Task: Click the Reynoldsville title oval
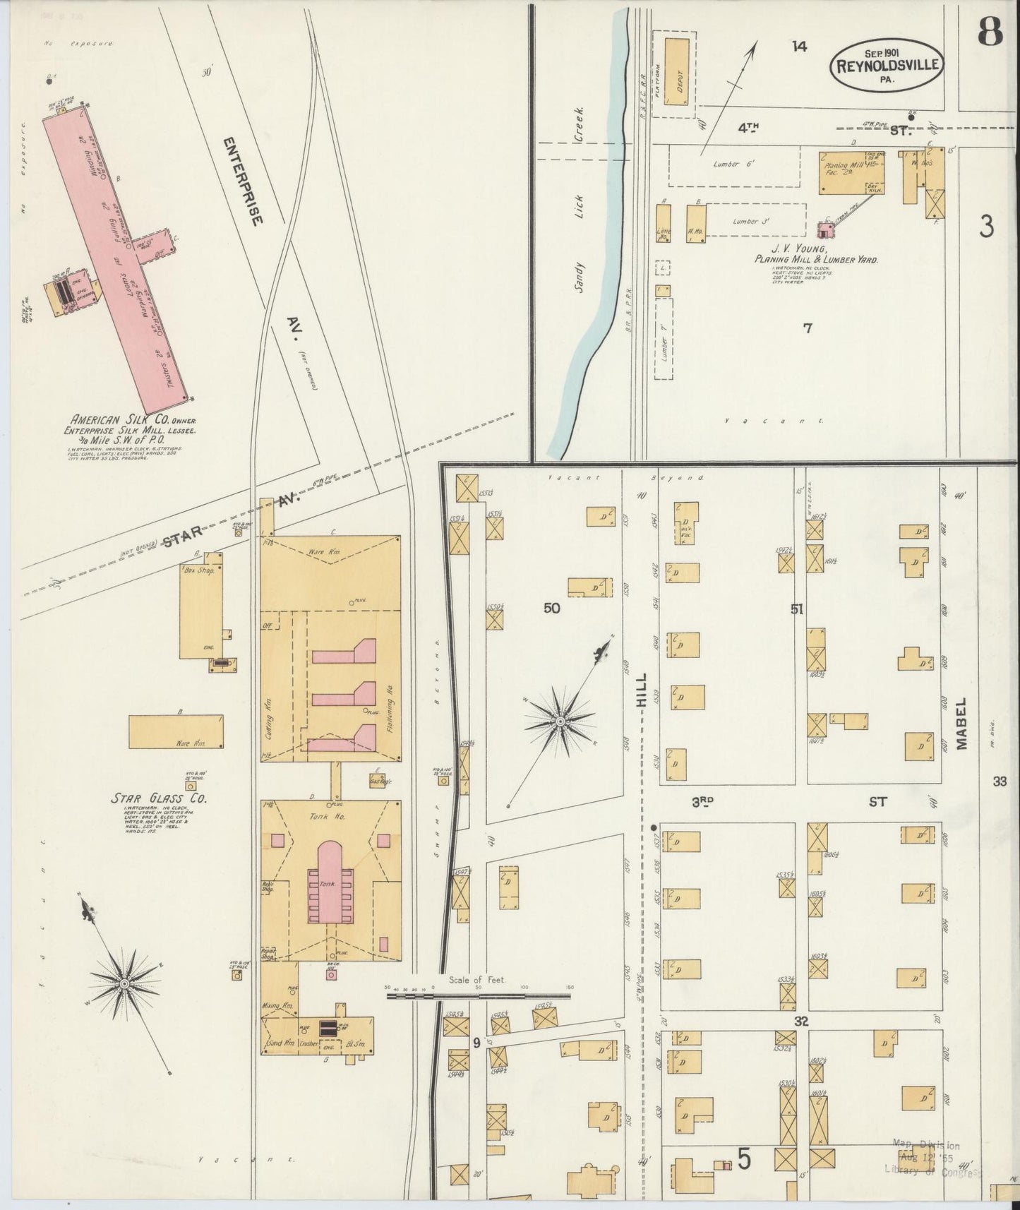pyautogui.click(x=888, y=64)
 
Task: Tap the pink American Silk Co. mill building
pyautogui.click(x=116, y=254)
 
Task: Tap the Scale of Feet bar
pyautogui.click(x=478, y=996)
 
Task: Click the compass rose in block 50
pyautogui.click(x=559, y=721)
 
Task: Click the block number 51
pyautogui.click(x=797, y=609)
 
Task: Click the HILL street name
pyautogui.click(x=642, y=692)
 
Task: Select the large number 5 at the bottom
pyautogui.click(x=743, y=1158)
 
